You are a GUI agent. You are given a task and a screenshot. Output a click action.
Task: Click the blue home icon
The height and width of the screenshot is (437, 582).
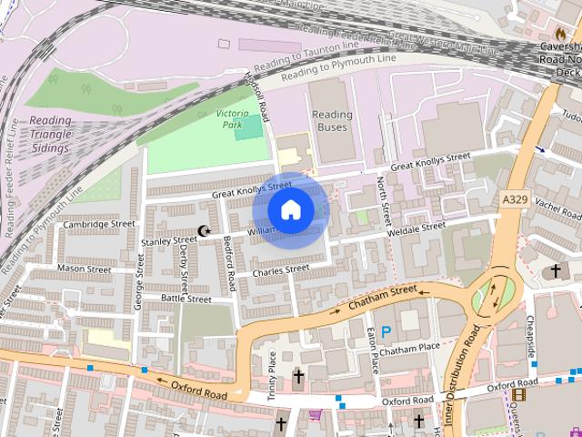point(291,210)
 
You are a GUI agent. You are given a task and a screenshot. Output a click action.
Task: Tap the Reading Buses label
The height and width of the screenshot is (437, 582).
point(332,121)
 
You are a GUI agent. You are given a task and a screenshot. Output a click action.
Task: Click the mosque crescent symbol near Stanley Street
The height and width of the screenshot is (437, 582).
point(204,232)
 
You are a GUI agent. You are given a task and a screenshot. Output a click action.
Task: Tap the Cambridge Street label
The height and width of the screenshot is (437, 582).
point(98,224)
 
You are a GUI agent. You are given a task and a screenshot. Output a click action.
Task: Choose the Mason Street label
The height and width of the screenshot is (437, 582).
point(84,269)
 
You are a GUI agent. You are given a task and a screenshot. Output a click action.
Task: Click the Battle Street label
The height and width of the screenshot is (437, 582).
point(186,299)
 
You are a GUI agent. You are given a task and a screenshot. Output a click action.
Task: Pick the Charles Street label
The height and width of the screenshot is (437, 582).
point(281,270)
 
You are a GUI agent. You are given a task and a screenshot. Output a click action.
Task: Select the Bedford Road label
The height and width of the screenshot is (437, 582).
point(231,262)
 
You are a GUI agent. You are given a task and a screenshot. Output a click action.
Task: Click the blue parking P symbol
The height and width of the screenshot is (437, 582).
point(386,334)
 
